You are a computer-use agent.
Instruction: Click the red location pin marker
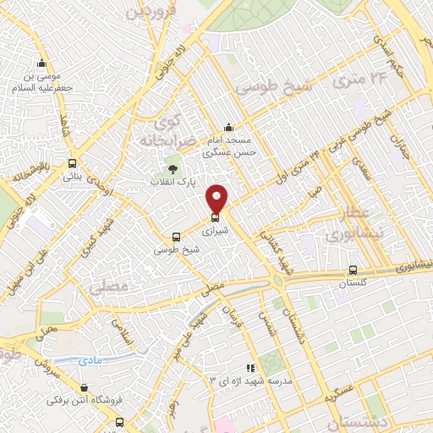click(217, 199)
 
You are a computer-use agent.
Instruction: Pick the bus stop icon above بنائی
click(73, 164)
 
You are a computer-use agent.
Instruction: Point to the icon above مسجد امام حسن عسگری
click(227, 127)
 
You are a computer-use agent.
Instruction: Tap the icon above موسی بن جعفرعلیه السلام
click(41, 63)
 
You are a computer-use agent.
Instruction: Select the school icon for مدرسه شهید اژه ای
click(249, 368)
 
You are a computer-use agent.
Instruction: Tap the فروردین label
click(151, 12)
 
